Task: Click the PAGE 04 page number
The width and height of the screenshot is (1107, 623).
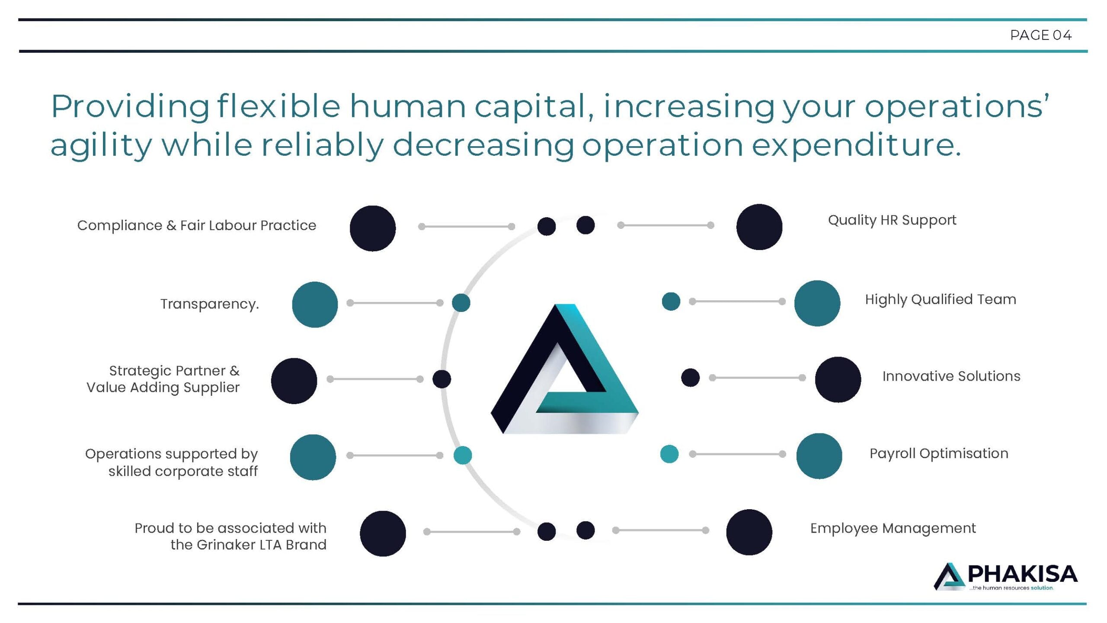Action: coord(1041,35)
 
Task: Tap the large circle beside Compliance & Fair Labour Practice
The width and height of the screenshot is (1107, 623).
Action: coord(373,228)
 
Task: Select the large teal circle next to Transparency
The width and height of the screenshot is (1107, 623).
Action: coord(315,305)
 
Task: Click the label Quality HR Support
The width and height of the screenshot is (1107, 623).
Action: coord(892,221)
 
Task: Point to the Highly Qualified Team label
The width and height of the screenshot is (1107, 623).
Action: coord(941,299)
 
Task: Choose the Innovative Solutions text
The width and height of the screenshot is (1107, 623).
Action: coord(951,376)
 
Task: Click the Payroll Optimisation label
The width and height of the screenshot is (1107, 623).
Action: coord(939,453)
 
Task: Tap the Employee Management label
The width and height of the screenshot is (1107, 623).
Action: coord(893,529)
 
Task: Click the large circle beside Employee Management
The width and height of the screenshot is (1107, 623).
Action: coord(749,532)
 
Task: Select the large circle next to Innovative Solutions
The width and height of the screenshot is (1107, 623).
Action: coord(838,379)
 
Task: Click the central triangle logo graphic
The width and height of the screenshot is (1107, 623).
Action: coord(564,369)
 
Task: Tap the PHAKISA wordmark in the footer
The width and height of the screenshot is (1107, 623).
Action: coord(1022,574)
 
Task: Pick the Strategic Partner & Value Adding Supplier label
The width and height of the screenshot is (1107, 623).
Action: coord(163,379)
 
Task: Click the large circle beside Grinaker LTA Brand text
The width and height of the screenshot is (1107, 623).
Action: coord(383,533)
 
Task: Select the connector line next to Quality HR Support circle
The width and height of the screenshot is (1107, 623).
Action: coord(665,225)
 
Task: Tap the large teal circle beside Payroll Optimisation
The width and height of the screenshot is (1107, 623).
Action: coord(819,456)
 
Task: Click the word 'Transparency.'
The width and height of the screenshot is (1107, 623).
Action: coord(210,304)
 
